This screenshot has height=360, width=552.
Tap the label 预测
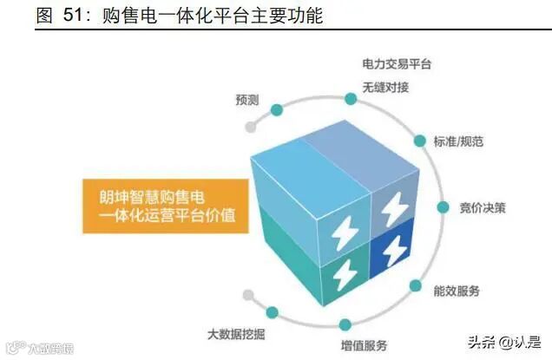click(x=246, y=100)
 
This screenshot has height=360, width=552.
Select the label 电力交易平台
click(x=395, y=65)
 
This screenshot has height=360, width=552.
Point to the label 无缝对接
click(x=385, y=88)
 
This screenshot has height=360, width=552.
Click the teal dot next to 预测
click(x=277, y=110)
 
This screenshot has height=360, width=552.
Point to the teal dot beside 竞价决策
click(x=443, y=208)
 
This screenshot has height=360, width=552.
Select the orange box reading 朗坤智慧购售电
click(x=161, y=204)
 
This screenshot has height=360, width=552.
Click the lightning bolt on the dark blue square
click(x=393, y=247)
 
